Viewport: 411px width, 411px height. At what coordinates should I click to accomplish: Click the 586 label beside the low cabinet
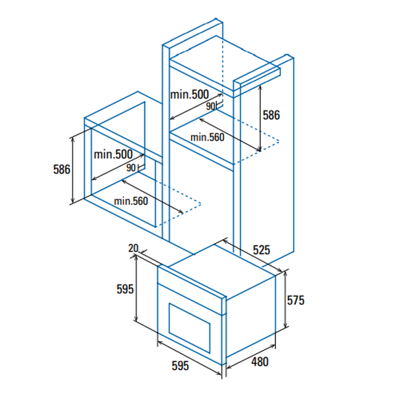pos(62,169)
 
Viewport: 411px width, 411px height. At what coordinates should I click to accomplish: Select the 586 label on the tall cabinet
pos(271,115)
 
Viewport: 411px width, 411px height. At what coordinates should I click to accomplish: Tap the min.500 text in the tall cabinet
pos(190,95)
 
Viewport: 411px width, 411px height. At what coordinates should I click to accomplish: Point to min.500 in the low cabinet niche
pos(113,154)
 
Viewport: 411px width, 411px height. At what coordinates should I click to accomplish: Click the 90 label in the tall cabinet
pos(210,106)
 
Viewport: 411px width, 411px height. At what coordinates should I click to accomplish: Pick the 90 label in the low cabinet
pos(131,168)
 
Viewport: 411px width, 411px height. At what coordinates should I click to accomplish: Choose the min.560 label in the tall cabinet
pos(208,138)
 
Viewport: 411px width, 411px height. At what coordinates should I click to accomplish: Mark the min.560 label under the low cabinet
pos(131,201)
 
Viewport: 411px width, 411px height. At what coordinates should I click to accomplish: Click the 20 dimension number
pos(133,248)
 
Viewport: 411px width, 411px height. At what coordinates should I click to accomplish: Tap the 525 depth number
pos(262,250)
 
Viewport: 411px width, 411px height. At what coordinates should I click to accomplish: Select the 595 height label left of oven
pos(125,289)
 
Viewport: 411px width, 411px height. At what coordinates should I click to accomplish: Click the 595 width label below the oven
pos(180,366)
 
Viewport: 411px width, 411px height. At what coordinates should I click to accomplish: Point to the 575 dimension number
pos(296,301)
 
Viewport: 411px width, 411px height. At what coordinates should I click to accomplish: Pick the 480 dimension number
pos(260,362)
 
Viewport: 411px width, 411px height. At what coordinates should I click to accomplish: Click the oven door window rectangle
pos(190,328)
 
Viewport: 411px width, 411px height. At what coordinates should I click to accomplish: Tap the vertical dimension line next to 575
pos(286,299)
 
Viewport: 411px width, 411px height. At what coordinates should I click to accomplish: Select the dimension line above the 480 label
pos(251,357)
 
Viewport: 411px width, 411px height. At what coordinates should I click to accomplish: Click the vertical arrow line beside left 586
pos(73,170)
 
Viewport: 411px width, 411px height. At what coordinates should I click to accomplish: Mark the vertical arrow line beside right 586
pos(260,119)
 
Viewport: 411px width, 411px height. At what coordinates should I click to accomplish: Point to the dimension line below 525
pos(252,256)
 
